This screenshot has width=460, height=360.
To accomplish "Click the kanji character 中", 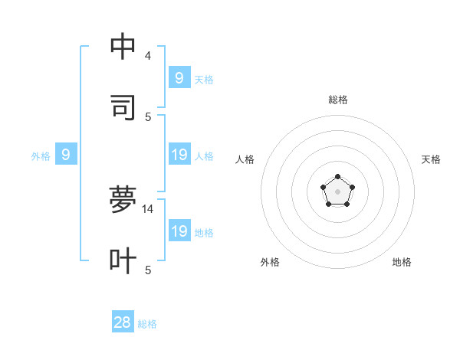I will point(123,47).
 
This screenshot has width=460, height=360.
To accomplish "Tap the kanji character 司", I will point(123,107).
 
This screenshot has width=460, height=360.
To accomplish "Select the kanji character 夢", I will point(123,199).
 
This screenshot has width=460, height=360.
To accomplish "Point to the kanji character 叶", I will point(123,260).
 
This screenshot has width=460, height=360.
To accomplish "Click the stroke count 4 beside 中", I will point(148,56).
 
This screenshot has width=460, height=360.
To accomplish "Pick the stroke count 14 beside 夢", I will point(148,208).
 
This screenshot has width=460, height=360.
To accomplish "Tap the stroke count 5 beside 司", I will point(148,116).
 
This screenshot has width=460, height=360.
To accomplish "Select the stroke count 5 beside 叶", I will point(148,270).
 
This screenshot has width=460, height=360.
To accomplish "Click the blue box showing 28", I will point(123,322).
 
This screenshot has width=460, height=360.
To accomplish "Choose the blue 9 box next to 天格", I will point(179,78).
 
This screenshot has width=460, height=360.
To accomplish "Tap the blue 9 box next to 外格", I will point(66,155).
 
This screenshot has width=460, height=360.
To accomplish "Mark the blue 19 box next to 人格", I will point(179,155).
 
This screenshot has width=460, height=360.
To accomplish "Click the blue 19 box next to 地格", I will point(179,231).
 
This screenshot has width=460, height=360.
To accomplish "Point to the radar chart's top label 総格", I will point(338,100).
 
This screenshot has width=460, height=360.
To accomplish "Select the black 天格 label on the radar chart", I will point(431,159).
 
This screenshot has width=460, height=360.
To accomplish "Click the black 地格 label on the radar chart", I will point(402,262).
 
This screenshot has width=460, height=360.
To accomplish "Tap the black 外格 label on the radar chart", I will point(270,262).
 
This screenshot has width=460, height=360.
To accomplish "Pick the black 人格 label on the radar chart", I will point(245,159).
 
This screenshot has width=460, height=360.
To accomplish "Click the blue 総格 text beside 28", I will point(147,324).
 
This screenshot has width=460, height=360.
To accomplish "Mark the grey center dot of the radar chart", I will point(337,191).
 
